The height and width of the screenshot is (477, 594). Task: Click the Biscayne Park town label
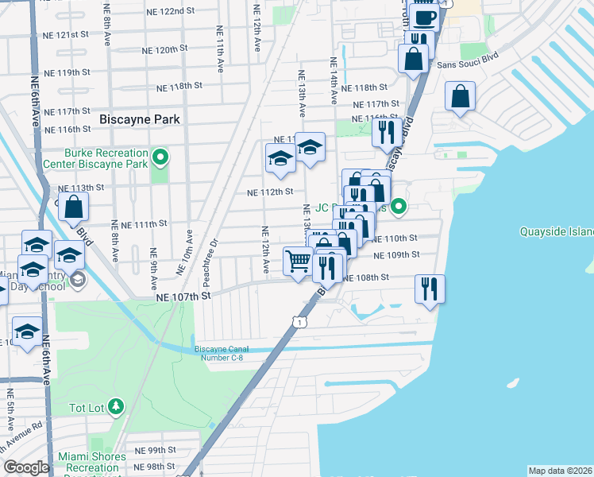coord(140,119)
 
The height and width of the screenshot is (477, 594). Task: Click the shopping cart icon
coord(298,260)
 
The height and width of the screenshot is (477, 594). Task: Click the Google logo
coord(26,467)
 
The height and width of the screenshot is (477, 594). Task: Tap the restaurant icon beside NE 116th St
coord(385,132)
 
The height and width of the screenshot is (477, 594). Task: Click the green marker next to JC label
coord(400,208)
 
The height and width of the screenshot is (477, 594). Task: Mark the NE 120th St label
coord(160,49)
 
